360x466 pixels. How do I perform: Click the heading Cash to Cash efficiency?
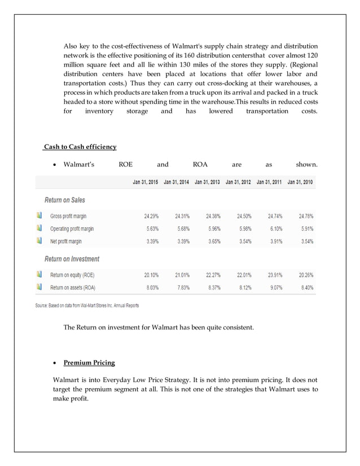click(x=80, y=147)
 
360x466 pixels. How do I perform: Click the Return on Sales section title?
click(x=65, y=200)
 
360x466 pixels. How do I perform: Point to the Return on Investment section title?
click(x=72, y=259)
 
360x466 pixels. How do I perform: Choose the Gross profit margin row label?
click(x=68, y=216)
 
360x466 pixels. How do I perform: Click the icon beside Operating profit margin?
click(x=39, y=228)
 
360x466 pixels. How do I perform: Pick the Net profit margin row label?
click(x=65, y=241)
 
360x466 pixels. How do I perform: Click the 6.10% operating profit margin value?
click(x=275, y=228)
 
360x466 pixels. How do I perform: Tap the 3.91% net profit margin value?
click(x=275, y=241)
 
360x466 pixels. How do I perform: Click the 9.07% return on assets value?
click(x=275, y=287)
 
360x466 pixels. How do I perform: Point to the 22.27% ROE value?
click(x=212, y=275)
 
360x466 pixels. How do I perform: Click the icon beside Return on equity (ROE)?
click(x=39, y=275)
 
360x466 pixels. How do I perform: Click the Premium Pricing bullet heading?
click(x=89, y=363)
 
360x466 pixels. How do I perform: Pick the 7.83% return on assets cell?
click(x=182, y=287)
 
